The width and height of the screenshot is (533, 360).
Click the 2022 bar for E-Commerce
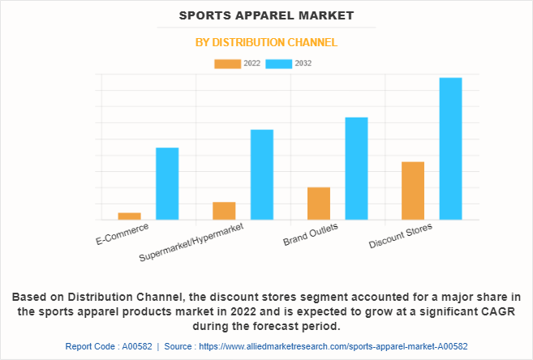tap(129, 216)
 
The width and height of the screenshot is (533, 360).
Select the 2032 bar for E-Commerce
tap(167, 183)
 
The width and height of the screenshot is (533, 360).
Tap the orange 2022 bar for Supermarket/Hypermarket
tap(224, 211)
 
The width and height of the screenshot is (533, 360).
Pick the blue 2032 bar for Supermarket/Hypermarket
tap(262, 174)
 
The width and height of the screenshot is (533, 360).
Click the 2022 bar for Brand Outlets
tap(319, 204)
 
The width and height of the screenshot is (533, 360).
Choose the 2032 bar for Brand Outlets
tap(356, 169)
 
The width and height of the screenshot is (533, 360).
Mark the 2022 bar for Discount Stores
tap(413, 191)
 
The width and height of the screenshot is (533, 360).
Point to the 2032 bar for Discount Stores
tap(450, 148)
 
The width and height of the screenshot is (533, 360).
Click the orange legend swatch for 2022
tap(227, 63)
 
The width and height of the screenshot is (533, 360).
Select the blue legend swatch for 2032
tap(280, 63)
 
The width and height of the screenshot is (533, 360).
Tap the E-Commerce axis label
tap(123, 234)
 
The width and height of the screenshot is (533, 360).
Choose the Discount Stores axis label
tap(401, 236)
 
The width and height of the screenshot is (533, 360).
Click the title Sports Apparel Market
tap(266, 15)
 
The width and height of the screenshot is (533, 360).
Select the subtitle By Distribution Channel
tap(266, 42)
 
